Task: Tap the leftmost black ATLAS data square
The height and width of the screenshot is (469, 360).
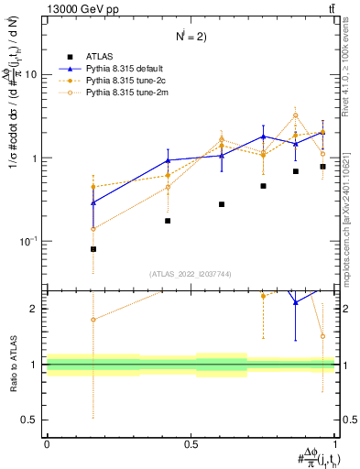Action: click(x=93, y=249)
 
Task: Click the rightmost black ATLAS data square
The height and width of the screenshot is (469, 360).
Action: click(x=322, y=167)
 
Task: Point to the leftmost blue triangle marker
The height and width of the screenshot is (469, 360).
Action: click(x=93, y=202)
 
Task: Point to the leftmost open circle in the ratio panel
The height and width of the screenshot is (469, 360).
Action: click(x=93, y=320)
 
